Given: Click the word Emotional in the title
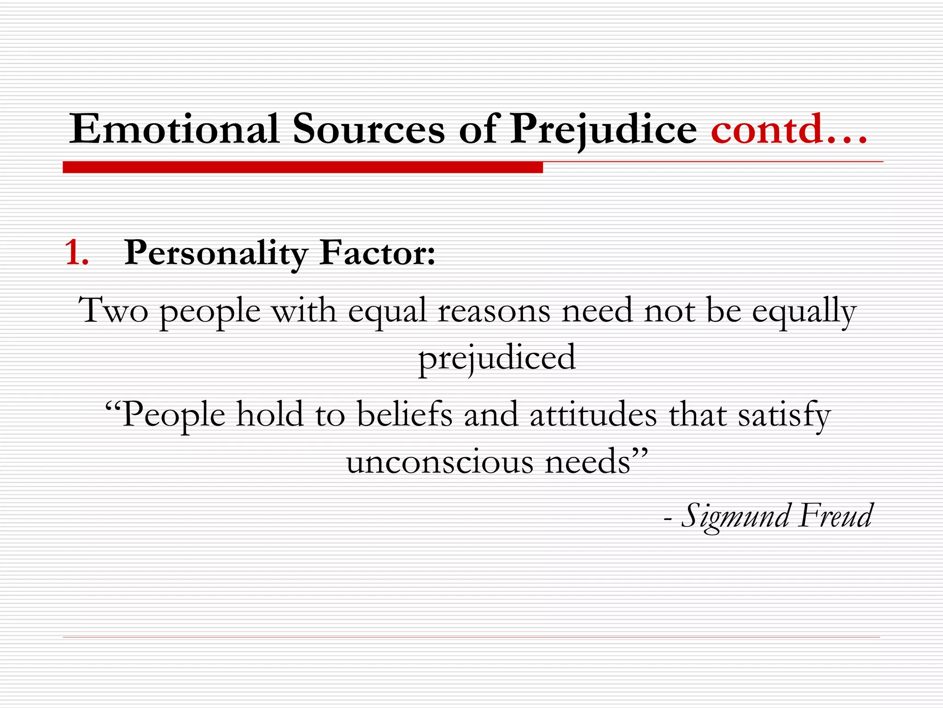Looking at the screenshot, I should [174, 130].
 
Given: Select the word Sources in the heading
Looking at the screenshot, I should [369, 130].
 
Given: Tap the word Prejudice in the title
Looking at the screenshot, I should [603, 130].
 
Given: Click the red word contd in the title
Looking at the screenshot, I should [767, 130].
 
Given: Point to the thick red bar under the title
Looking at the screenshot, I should [303, 167].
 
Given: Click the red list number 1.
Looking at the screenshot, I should [76, 253].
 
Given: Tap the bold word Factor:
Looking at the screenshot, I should [377, 253].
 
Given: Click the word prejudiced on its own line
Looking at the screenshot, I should [497, 358].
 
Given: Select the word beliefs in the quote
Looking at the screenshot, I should [405, 414].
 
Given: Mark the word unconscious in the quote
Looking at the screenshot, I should [440, 462].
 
